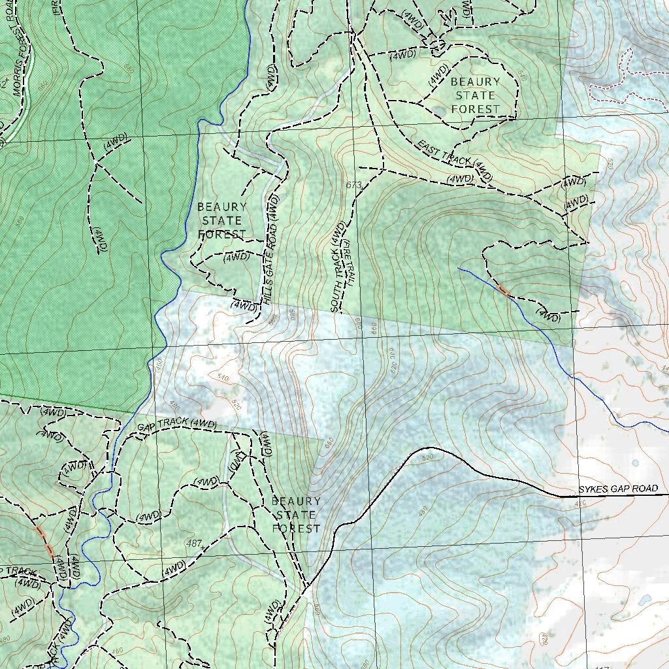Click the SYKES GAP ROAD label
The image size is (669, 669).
tap(617, 489)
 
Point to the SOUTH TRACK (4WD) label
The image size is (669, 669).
tap(337, 267)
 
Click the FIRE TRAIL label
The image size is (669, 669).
tap(349, 262)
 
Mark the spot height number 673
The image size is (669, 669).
tap(353, 186)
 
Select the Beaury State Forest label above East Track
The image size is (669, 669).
tap(475, 95)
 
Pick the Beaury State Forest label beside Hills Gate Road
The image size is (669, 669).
tap(221, 221)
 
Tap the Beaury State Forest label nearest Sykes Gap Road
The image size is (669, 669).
tap(296, 515)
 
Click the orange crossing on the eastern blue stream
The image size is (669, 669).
tap(502, 289)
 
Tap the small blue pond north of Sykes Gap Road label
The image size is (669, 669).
tap(635, 463)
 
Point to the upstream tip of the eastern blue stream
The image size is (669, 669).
tap(459, 268)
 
